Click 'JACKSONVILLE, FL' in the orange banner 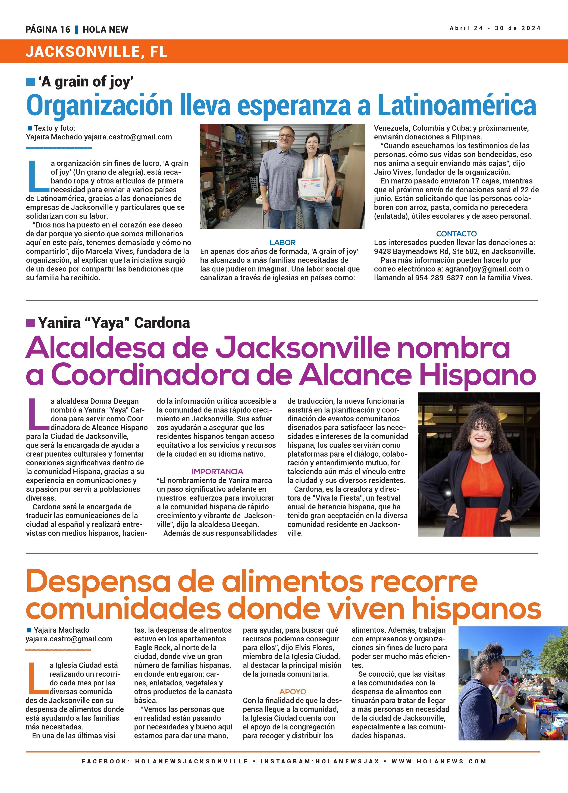coord(96,52)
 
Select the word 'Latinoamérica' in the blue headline coord(457,106)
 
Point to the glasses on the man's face coord(287,136)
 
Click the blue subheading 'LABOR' coord(283,242)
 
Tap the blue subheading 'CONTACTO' coord(456,234)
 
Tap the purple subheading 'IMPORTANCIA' coord(217,471)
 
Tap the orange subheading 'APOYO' coord(293,692)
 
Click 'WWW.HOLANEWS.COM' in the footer coord(439,761)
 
